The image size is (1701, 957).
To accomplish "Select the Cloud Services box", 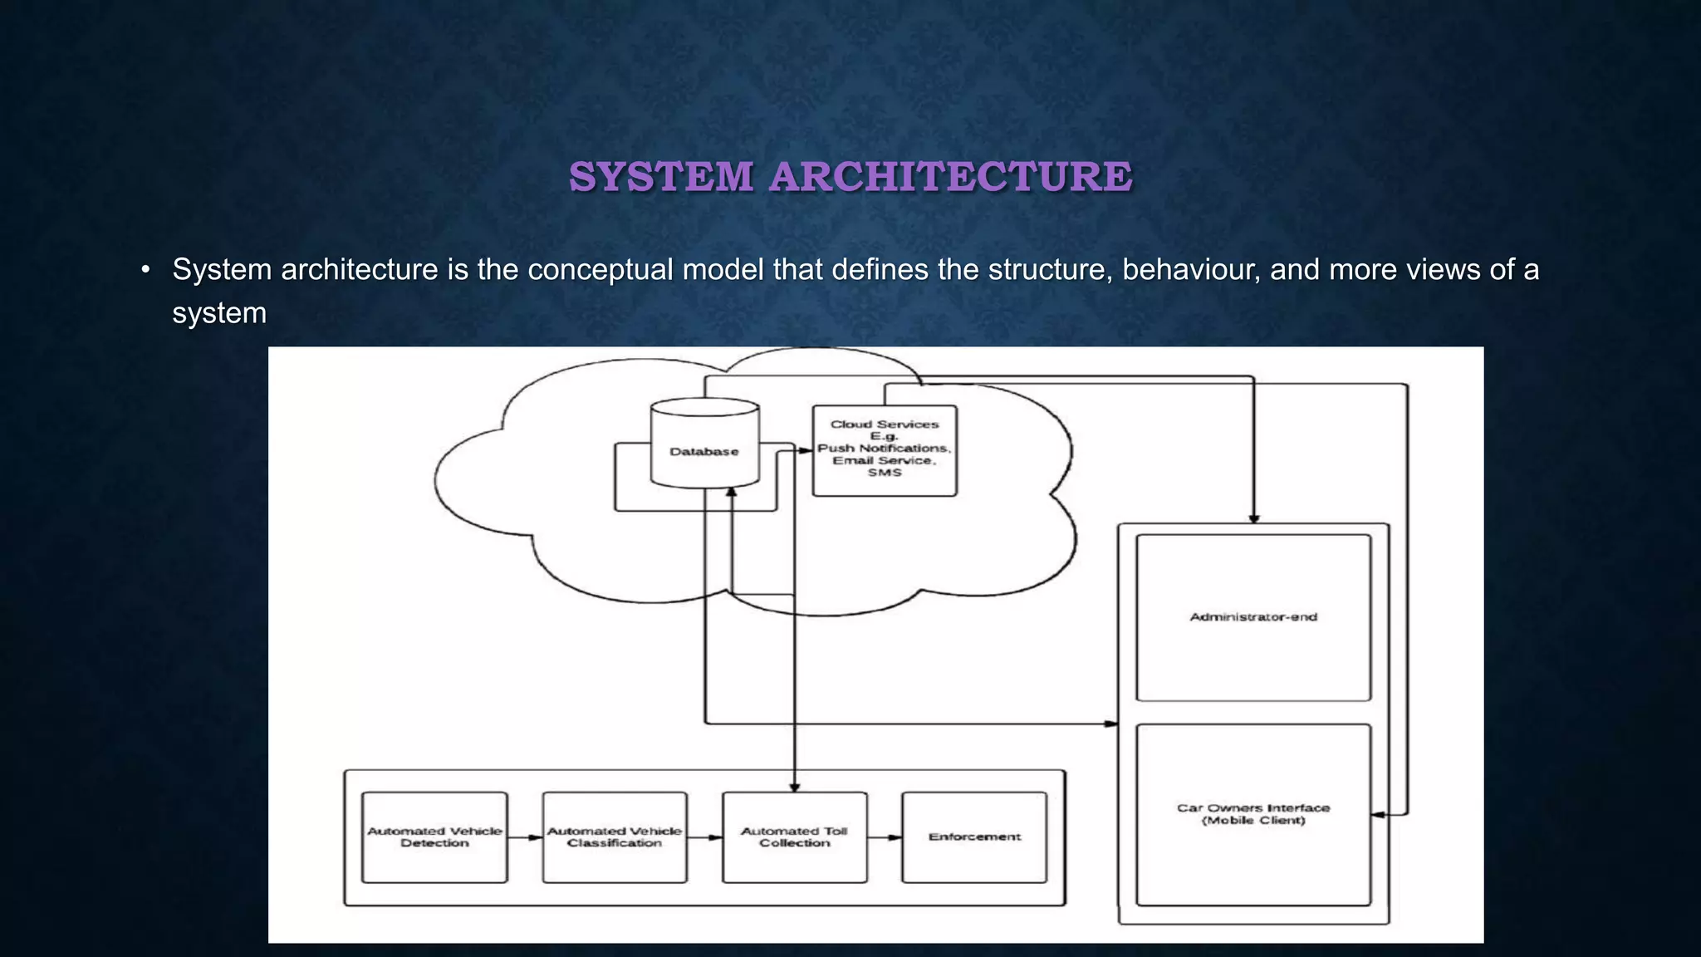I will [885, 450].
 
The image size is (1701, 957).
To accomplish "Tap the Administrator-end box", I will [1252, 617].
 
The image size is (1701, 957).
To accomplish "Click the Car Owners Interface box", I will [1252, 814].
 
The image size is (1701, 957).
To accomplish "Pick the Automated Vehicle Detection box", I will [434, 837].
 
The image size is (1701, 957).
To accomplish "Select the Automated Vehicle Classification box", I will [615, 837].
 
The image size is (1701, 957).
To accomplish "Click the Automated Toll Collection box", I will [795, 837].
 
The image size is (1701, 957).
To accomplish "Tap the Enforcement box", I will [974, 837].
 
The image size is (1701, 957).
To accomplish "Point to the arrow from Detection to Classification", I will [525, 837].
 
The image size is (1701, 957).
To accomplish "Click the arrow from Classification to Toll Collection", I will [705, 837].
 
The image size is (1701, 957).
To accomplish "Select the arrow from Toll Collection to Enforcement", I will [885, 837].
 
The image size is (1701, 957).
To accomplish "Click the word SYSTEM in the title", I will [661, 177].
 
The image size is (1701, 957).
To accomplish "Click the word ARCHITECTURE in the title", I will [950, 177].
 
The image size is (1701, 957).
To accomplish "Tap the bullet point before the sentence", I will [146, 270].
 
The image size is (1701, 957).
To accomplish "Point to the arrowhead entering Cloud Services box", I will [806, 450].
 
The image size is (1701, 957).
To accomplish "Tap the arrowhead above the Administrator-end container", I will [1254, 518].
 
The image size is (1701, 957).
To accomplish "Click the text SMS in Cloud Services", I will [885, 473].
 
